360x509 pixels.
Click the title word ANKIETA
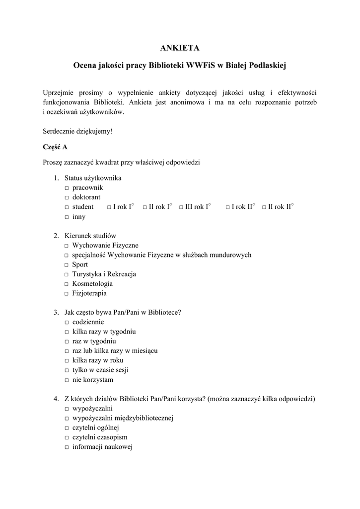click(180, 48)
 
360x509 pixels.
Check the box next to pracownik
click(66, 188)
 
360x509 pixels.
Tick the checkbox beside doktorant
click(66, 198)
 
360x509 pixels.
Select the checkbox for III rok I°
click(181, 207)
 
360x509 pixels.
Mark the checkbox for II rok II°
click(264, 207)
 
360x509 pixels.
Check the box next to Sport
click(66, 265)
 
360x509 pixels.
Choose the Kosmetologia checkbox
click(66, 284)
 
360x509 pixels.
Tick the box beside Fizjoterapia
click(66, 294)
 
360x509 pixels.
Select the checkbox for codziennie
click(66, 322)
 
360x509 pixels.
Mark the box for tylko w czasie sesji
click(66, 370)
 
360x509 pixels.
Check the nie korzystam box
click(66, 380)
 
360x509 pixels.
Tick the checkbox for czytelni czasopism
click(66, 437)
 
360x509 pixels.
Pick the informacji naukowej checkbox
click(66, 447)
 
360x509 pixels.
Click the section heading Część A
click(55, 147)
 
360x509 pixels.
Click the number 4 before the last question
click(56, 399)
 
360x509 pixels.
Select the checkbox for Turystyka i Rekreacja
click(66, 274)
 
